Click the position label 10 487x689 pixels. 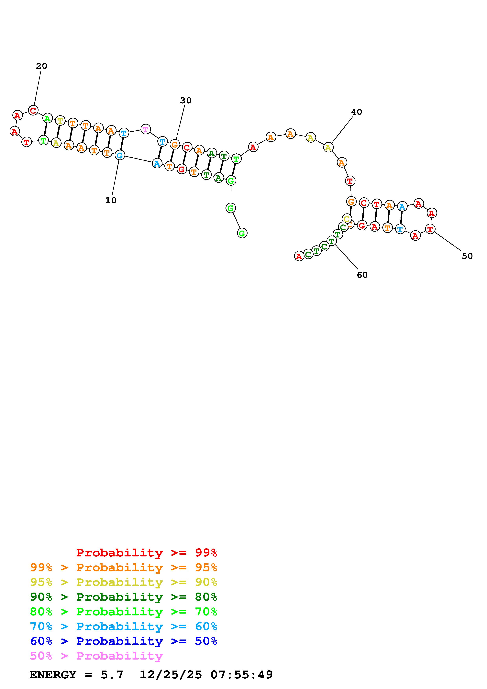coord(111,200)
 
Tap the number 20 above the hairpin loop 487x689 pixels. coord(41,66)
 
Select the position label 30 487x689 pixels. coord(185,101)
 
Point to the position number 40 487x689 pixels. coord(357,112)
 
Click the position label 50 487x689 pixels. coord(467,256)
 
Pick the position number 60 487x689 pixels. coord(362,275)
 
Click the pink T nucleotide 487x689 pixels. coord(146,129)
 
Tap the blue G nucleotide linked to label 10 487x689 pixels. coord(120,155)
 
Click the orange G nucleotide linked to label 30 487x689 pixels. coord(175,145)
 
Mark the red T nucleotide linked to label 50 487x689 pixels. coord(430,229)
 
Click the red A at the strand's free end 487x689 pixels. coord(299,256)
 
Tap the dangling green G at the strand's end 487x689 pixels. coord(242,233)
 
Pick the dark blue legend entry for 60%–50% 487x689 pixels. coord(123,641)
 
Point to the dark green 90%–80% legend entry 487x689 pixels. coord(123,597)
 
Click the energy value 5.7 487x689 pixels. coord(112,675)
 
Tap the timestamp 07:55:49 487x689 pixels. coord(242,675)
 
